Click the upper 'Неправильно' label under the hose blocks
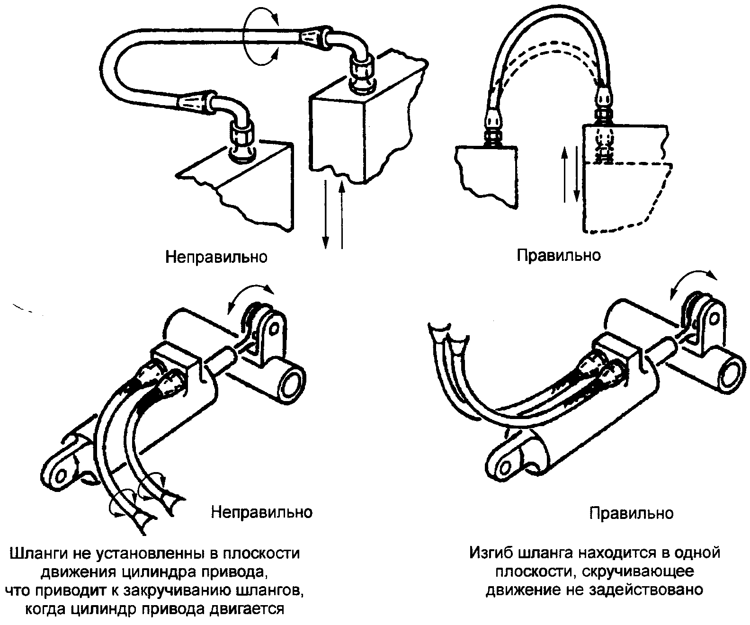point(216,257)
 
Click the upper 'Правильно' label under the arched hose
point(559,255)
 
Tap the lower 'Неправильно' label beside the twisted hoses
point(261,512)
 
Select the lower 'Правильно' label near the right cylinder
point(632,513)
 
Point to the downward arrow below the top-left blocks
point(325,214)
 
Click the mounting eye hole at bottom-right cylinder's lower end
point(504,467)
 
